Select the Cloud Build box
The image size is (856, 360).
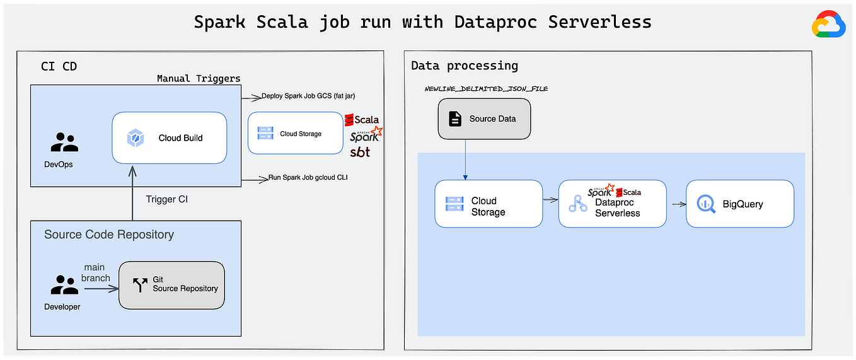tap(169, 137)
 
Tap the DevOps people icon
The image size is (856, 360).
tap(64, 142)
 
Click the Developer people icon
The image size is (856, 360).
tap(64, 285)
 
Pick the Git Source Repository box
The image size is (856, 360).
tap(171, 285)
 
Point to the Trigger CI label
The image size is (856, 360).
tap(166, 199)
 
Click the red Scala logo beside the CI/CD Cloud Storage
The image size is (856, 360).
tap(362, 119)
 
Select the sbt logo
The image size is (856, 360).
tap(360, 152)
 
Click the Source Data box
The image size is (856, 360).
tap(484, 119)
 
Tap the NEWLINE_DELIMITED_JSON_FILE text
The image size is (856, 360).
tap(486, 89)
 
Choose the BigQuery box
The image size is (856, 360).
tap(739, 204)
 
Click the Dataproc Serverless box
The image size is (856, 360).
tap(612, 204)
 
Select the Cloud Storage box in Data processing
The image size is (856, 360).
tap(489, 204)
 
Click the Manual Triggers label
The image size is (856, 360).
tap(199, 79)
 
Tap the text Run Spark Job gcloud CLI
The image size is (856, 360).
tap(308, 178)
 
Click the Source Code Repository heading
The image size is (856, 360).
tap(108, 235)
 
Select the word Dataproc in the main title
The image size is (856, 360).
tap(496, 23)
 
